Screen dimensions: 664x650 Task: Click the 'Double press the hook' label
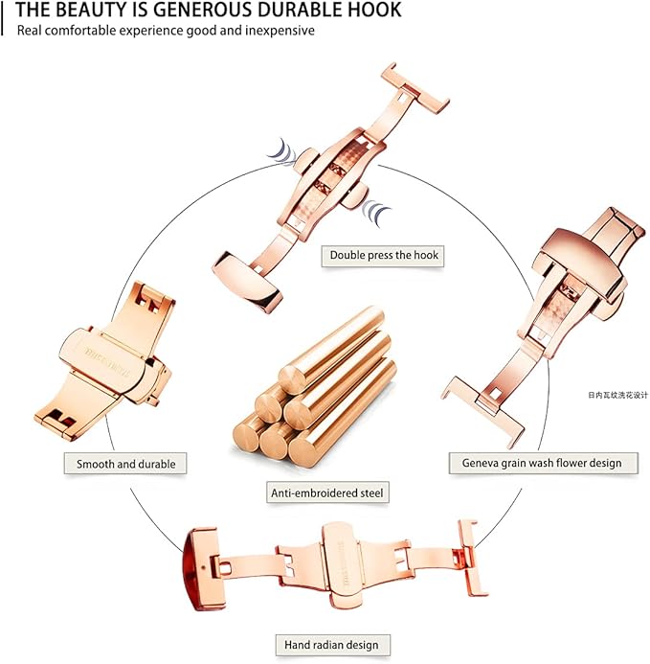[384, 255]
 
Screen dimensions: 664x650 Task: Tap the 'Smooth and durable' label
[125, 464]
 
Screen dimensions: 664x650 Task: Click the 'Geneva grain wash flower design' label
[542, 463]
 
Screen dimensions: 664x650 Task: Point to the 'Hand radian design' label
[331, 644]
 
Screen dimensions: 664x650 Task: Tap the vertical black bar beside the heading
[4, 16]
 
